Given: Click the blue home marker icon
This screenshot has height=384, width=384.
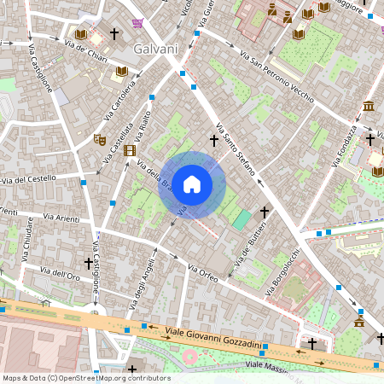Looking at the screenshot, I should [x=192, y=184].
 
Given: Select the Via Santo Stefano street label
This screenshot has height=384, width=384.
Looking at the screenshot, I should [x=236, y=149].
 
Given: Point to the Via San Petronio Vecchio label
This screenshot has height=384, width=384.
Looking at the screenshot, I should [x=276, y=74].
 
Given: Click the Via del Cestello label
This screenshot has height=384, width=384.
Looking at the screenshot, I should [x=29, y=179].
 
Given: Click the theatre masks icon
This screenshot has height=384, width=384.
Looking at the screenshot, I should [x=100, y=138].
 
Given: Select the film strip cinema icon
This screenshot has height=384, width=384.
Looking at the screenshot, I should [x=130, y=150].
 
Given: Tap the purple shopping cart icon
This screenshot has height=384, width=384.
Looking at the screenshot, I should [x=137, y=23].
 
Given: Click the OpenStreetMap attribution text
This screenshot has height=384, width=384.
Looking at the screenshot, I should [x=73, y=377].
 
